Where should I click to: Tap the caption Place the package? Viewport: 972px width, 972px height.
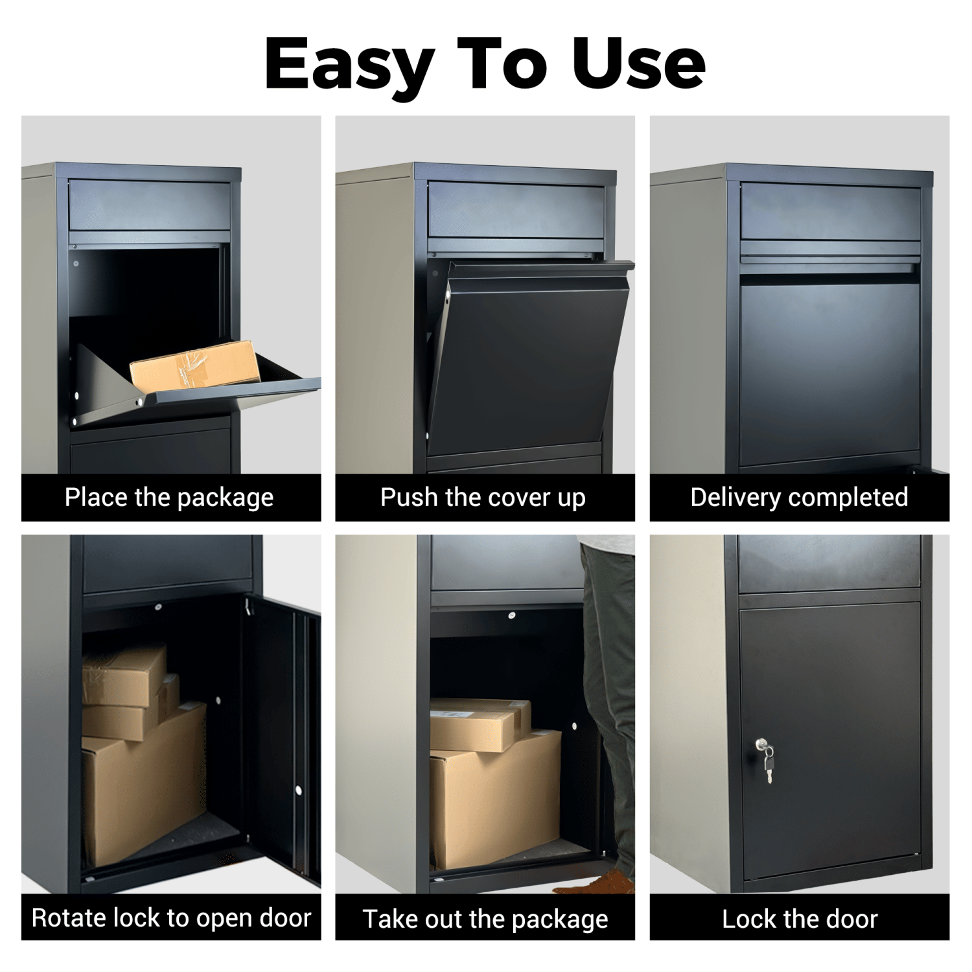pyautogui.click(x=169, y=498)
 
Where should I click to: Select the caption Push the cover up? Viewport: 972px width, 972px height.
pyautogui.click(x=483, y=498)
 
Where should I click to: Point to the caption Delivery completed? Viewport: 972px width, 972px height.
pyautogui.click(x=799, y=498)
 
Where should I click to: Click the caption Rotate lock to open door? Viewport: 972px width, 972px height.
pyautogui.click(x=171, y=918)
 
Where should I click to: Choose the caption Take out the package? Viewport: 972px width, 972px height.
pyautogui.click(x=485, y=919)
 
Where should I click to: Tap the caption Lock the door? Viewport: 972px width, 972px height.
pyautogui.click(x=800, y=919)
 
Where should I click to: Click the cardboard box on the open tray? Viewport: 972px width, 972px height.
pyautogui.click(x=195, y=366)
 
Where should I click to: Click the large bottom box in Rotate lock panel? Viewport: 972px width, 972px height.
pyautogui.click(x=144, y=787)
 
